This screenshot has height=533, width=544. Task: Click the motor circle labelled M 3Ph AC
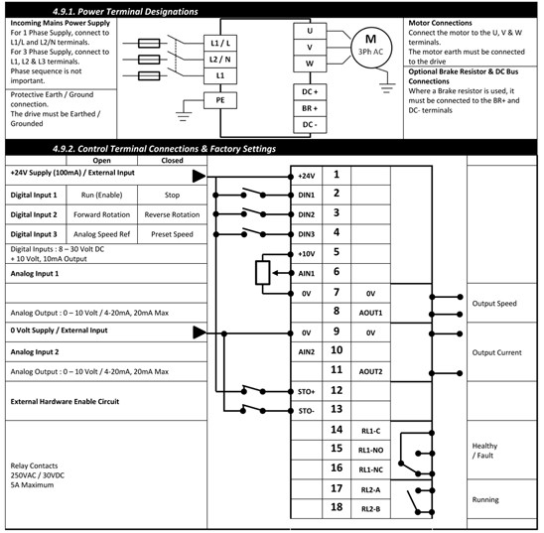tap(371, 48)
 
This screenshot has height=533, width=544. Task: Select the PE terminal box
tap(220, 100)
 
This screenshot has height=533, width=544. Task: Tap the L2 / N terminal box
tap(220, 60)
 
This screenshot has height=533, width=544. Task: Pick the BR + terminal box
tap(310, 108)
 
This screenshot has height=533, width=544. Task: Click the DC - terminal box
tap(310, 125)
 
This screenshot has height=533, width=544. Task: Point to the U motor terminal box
tap(310, 31)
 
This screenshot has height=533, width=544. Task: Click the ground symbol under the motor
tap(387, 87)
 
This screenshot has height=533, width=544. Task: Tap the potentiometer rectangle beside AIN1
tap(263, 273)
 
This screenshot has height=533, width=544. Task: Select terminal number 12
tap(337, 390)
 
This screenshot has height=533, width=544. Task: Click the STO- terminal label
tap(306, 411)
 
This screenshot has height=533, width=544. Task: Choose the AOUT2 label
tap(370, 372)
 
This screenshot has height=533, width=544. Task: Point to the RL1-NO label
tap(370, 450)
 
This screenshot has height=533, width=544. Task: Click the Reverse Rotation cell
tap(172, 214)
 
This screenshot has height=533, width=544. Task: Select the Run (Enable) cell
tap(101, 195)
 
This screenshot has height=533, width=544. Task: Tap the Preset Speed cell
tap(172, 234)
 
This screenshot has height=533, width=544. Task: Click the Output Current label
tap(496, 352)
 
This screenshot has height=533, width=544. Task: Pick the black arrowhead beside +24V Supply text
tap(200, 176)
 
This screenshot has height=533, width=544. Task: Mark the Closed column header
tap(172, 161)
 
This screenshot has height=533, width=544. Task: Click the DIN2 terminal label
tap(307, 215)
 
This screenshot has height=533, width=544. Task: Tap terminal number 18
tap(337, 507)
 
